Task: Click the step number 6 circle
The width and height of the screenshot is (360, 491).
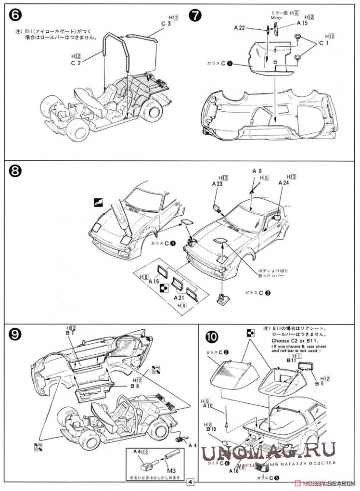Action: point(14,15)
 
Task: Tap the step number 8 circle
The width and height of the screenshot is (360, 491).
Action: point(14,171)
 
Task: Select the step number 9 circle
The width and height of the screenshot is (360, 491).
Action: point(14,333)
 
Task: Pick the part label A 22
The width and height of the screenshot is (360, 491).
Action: point(240,29)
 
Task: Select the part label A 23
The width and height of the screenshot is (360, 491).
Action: point(217,183)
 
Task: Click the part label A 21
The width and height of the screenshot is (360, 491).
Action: point(180,298)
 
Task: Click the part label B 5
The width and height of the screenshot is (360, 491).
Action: point(320,384)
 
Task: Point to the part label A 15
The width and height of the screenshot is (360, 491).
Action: point(302,23)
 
